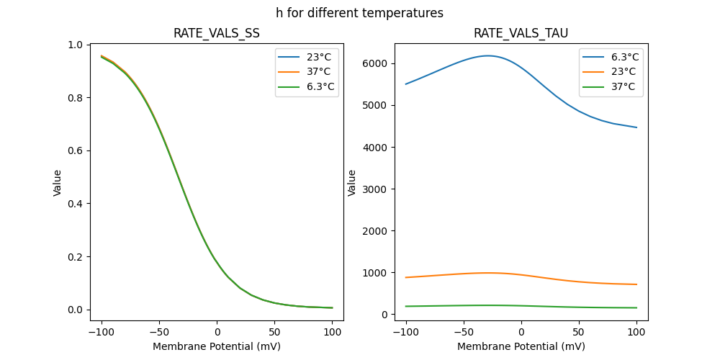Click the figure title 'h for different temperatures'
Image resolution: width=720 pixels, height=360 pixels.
tap(359, 13)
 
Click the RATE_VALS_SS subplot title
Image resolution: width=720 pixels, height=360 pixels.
tap(216, 33)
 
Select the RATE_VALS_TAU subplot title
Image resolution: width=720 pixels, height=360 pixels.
tap(521, 33)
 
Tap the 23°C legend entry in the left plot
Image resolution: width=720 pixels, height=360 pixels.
tap(318, 57)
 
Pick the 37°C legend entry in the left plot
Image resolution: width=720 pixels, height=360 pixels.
tap(318, 72)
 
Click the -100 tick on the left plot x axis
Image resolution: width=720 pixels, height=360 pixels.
tap(102, 332)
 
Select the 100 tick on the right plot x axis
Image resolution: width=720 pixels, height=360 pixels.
tap(636, 332)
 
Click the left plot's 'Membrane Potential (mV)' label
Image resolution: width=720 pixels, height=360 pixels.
tap(216, 346)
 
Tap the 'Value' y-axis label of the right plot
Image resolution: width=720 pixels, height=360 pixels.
tap(352, 183)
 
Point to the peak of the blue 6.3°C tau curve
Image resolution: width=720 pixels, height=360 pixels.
tap(488, 55)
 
